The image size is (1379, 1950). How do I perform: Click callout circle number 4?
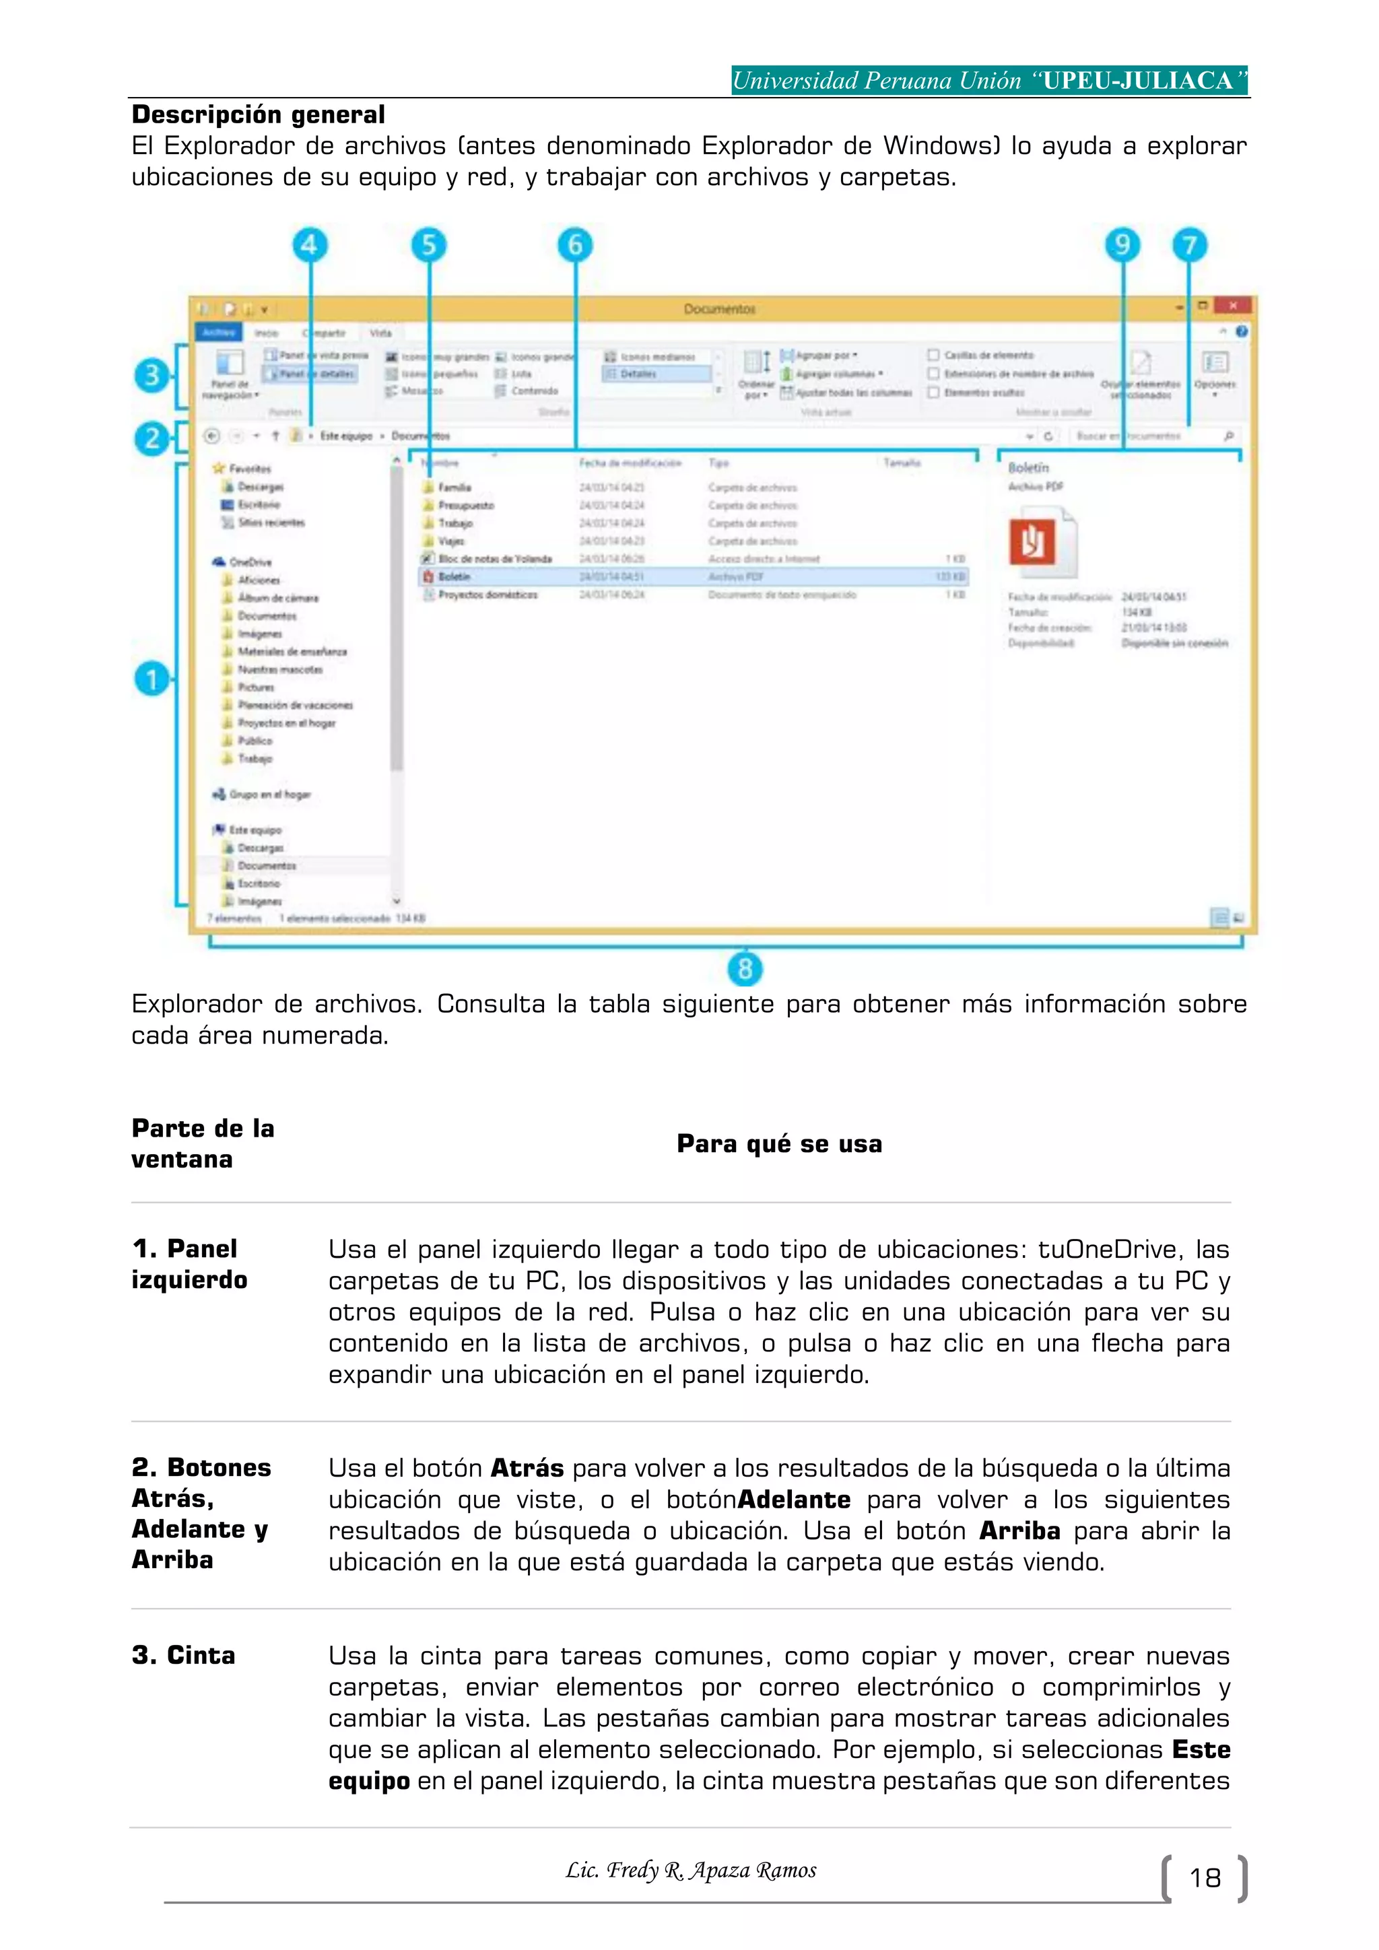[x=310, y=246]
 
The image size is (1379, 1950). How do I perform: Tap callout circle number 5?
[x=429, y=246]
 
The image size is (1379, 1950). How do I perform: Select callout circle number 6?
[x=575, y=246]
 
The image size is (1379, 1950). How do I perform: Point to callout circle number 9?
[x=1122, y=246]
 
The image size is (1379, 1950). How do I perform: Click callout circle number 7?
[x=1190, y=246]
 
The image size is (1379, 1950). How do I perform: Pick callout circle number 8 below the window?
[x=745, y=968]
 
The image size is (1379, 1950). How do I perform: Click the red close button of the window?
[x=1232, y=306]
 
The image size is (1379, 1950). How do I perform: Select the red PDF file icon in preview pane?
[x=1032, y=541]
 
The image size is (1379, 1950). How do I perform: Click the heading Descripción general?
[x=258, y=114]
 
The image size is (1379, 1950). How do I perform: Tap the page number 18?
[x=1204, y=1878]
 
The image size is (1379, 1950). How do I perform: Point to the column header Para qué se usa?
[x=778, y=1144]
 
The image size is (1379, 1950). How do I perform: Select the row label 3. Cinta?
[x=183, y=1655]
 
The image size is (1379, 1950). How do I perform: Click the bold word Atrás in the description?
[x=527, y=1469]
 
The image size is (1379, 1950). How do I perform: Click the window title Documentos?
[x=719, y=308]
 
